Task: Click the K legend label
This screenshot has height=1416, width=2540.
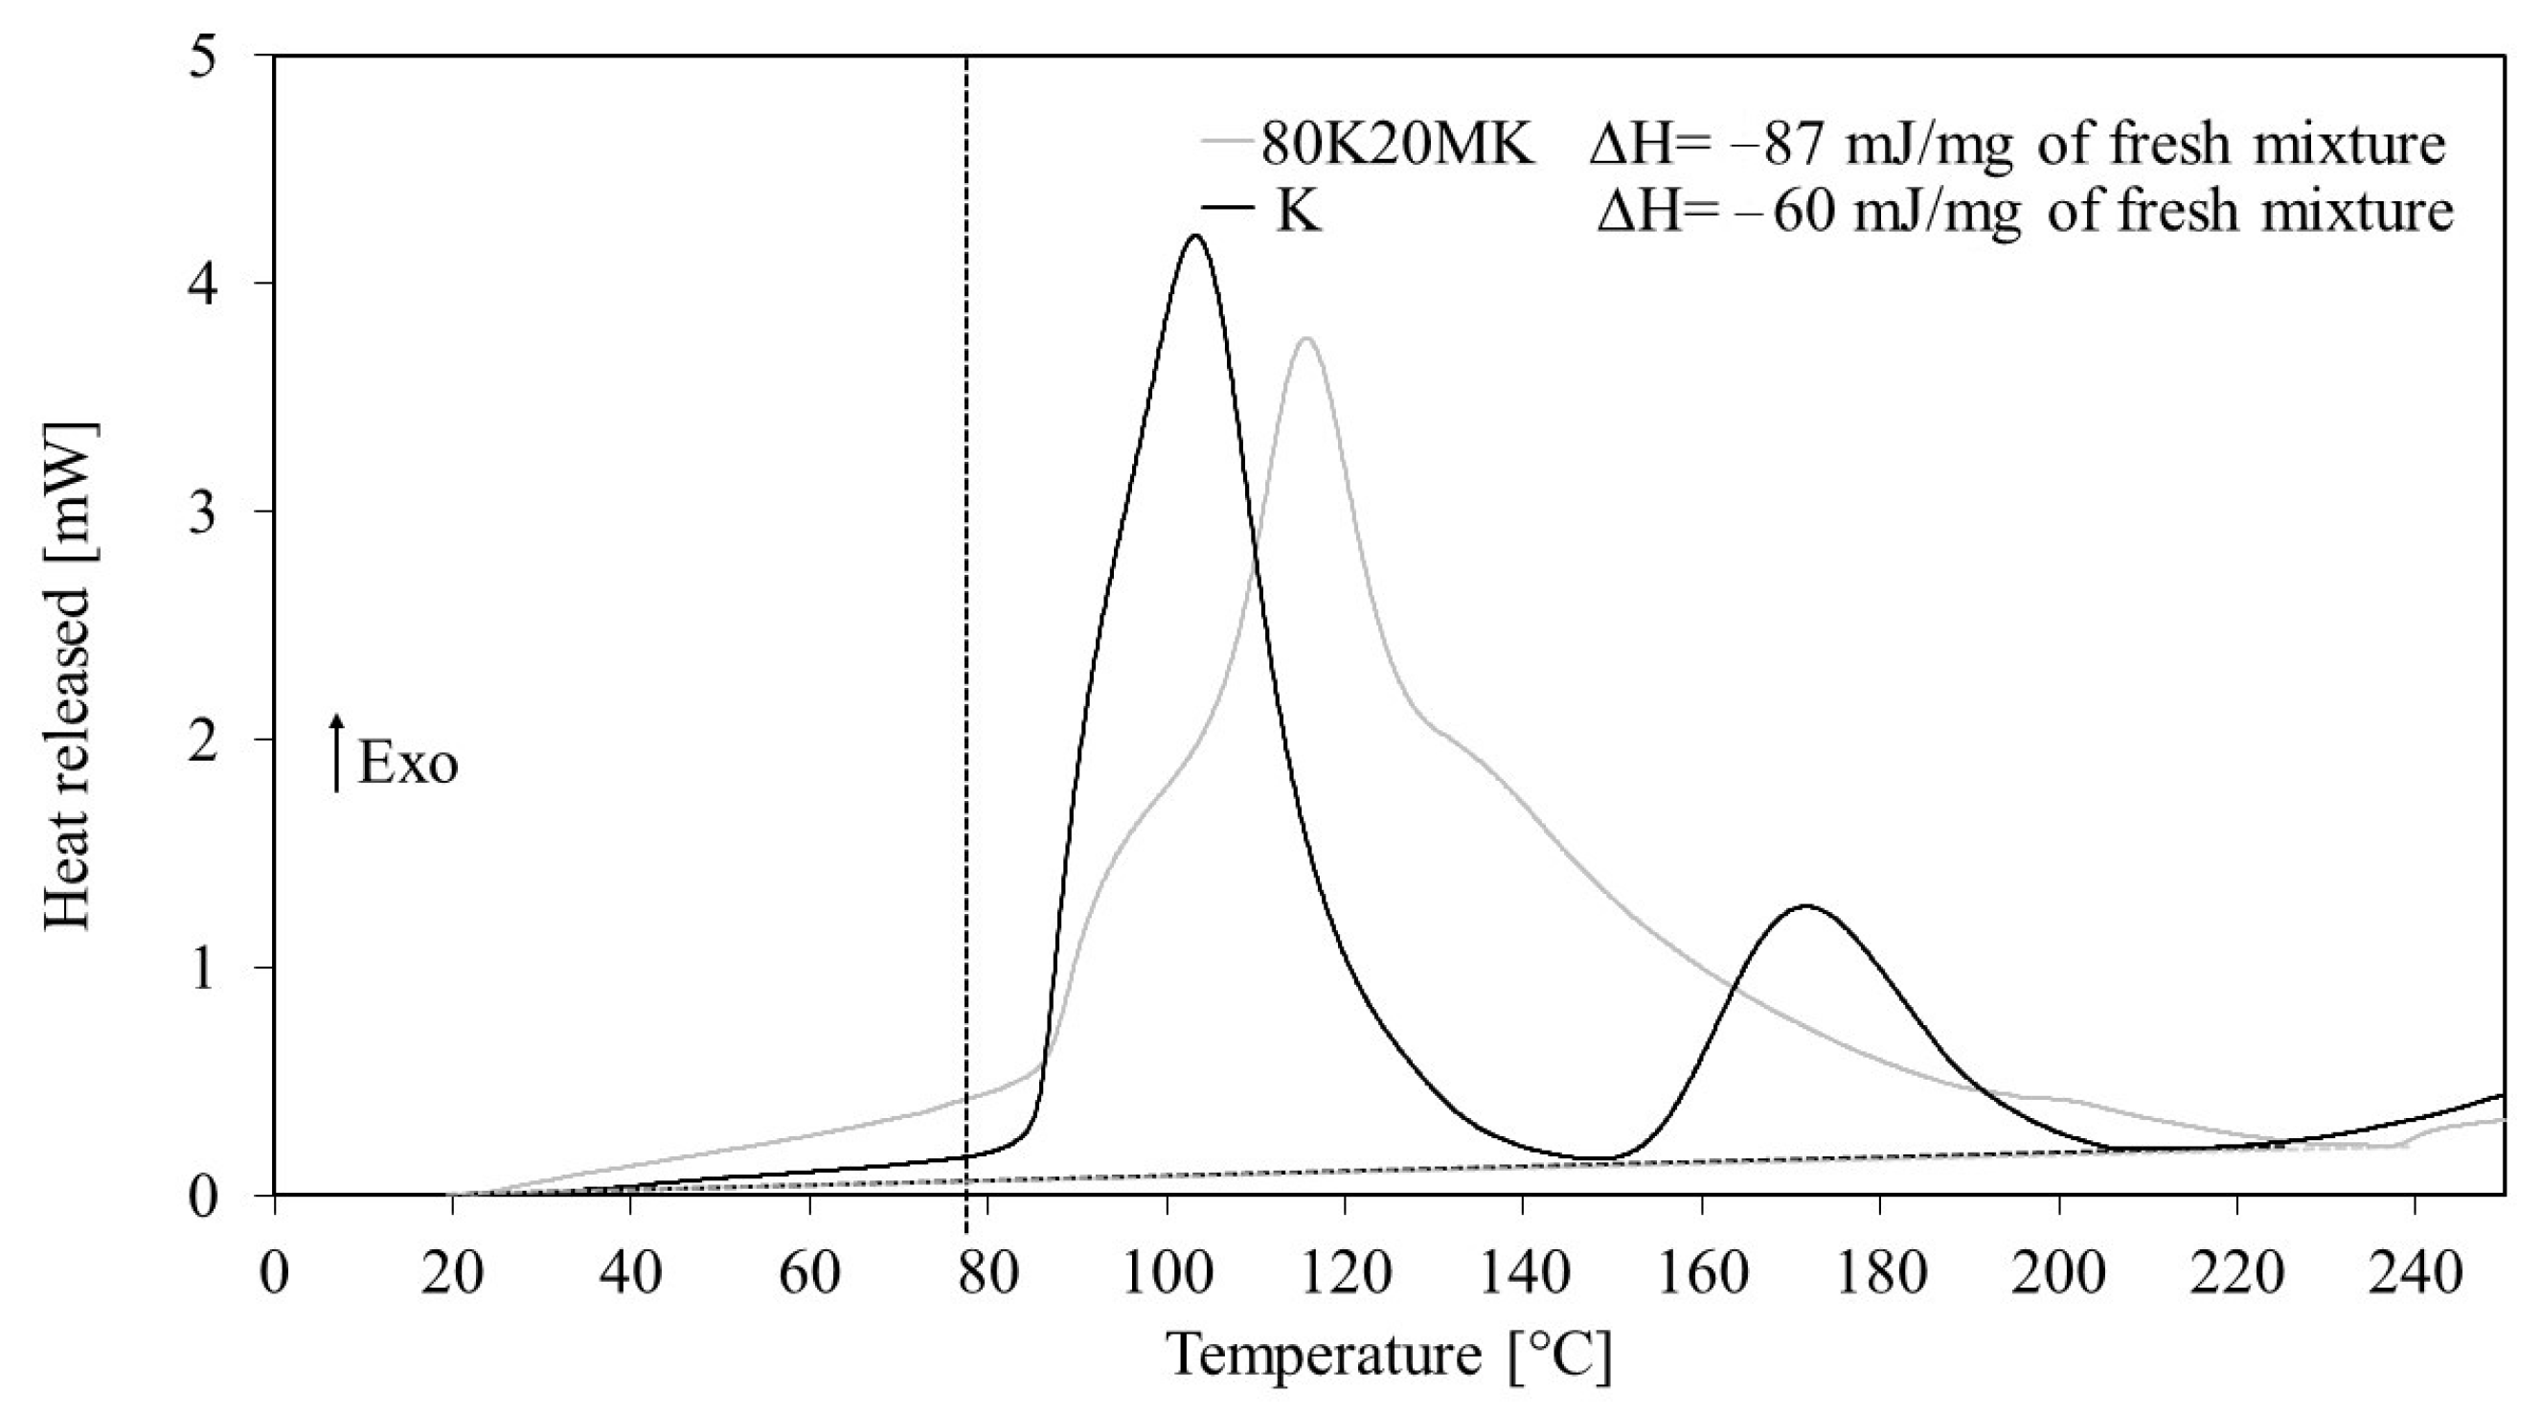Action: tap(1298, 212)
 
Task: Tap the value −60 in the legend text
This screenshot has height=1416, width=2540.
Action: tap(1784, 212)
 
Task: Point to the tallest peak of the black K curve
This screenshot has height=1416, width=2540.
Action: tap(1196, 236)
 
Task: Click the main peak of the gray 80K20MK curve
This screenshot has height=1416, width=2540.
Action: tap(1306, 339)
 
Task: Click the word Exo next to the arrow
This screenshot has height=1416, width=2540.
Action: tap(407, 765)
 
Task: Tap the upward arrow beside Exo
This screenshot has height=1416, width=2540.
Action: tap(337, 753)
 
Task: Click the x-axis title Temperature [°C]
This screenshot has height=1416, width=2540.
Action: tap(1389, 1354)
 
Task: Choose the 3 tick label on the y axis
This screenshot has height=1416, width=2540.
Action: tap(229, 513)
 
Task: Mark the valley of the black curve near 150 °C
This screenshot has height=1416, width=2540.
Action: tap(1598, 1157)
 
